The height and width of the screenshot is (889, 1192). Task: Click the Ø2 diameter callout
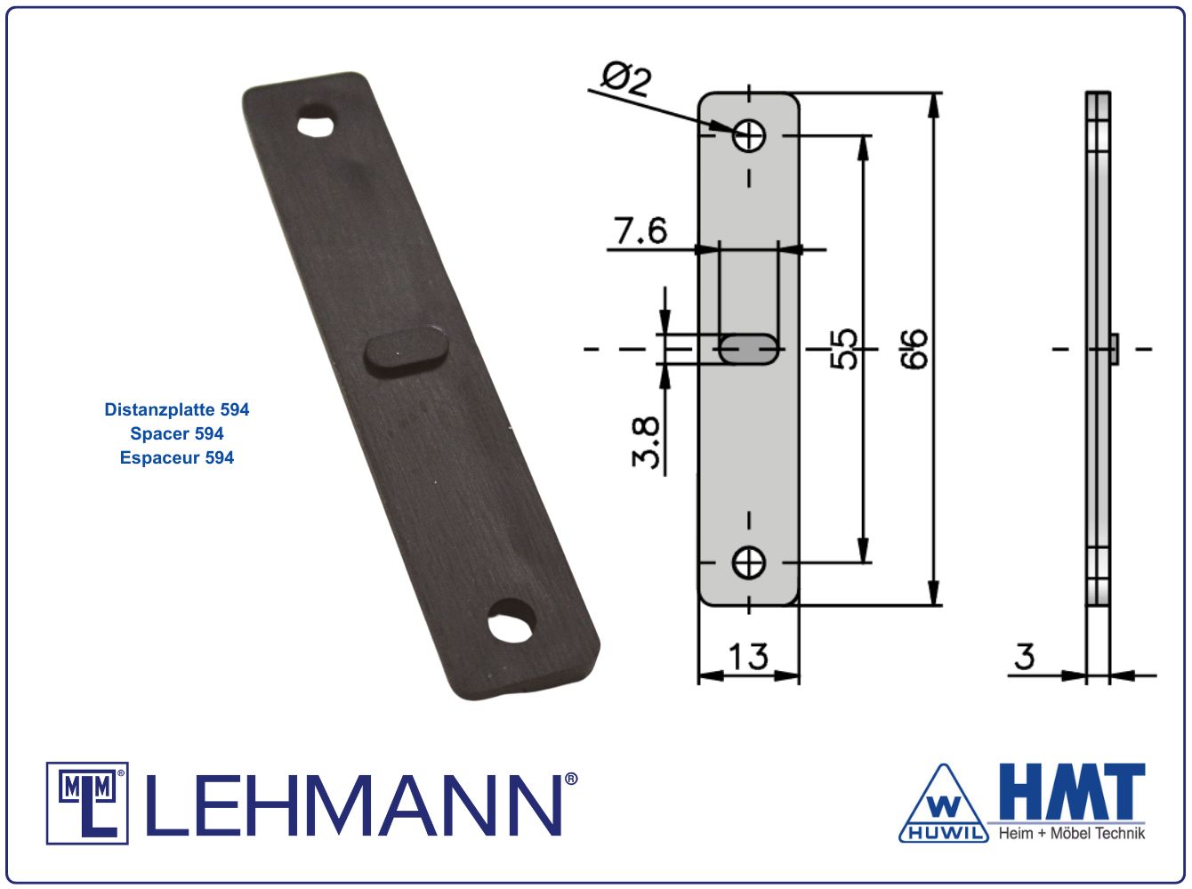point(626,80)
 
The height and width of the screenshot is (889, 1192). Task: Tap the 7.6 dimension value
point(640,230)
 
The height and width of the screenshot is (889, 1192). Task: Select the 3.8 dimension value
point(646,442)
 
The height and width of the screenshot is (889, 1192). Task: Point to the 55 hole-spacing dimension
point(844,349)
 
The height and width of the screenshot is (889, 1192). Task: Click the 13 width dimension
point(748,657)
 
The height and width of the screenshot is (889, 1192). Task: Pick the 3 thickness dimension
point(1024,657)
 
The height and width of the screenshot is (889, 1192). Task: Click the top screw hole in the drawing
point(749,135)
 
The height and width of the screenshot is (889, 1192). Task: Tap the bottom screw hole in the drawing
point(749,563)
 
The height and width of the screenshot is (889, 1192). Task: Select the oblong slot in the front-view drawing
point(749,349)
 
